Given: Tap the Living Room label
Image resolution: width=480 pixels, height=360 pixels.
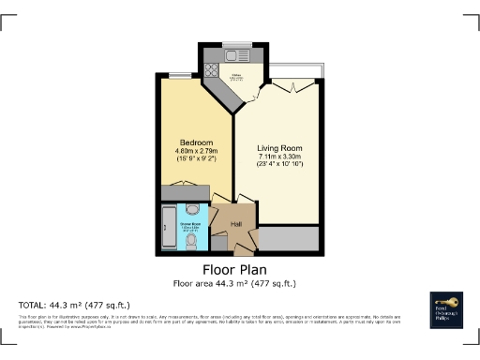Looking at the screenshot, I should click(x=278, y=148).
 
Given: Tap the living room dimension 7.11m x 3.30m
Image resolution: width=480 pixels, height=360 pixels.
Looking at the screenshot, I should click(x=278, y=157).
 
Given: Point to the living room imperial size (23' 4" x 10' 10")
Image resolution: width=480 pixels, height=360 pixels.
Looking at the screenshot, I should click(x=278, y=166).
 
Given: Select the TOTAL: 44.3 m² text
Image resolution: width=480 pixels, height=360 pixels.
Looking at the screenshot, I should click(x=74, y=306).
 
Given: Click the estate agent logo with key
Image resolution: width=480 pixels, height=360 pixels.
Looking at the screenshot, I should click(x=446, y=308).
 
